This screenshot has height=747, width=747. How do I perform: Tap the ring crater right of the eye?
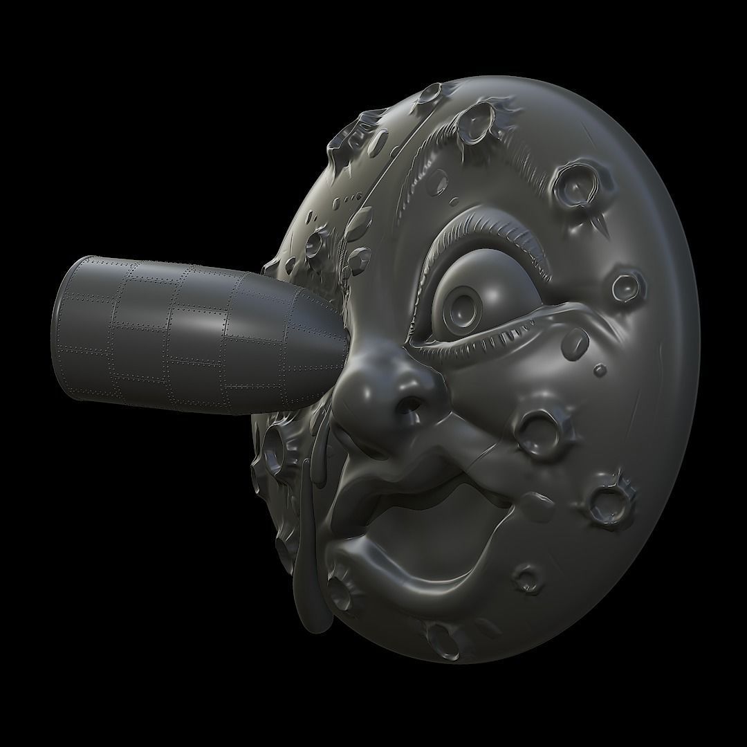click(x=629, y=283)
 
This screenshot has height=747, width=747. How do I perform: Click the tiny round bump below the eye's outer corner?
click(x=600, y=369)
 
